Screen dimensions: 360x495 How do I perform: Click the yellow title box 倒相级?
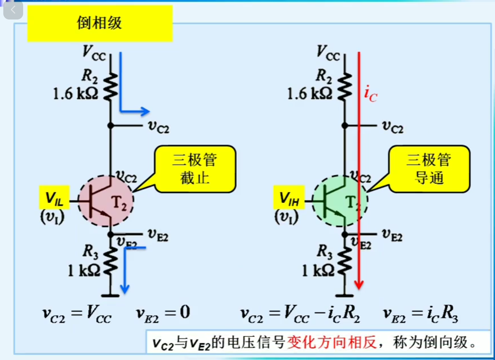(x=100, y=23)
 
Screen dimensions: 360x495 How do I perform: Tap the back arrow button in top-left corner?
(x=13, y=10)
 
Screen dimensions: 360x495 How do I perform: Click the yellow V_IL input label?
(x=54, y=198)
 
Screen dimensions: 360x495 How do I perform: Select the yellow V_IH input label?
(x=289, y=198)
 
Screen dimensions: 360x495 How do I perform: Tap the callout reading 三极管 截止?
(x=195, y=169)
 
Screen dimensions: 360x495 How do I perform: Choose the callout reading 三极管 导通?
(x=429, y=169)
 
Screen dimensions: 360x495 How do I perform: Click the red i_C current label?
(x=370, y=94)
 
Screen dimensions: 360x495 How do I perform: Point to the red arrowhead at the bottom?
(x=359, y=285)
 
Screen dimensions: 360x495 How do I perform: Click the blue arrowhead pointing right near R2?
(x=145, y=111)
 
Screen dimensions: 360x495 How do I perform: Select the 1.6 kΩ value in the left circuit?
(x=76, y=94)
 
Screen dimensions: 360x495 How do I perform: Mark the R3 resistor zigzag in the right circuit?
(x=345, y=261)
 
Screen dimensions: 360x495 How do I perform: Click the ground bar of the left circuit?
(x=110, y=296)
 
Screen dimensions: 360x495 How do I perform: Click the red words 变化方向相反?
(x=332, y=342)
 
